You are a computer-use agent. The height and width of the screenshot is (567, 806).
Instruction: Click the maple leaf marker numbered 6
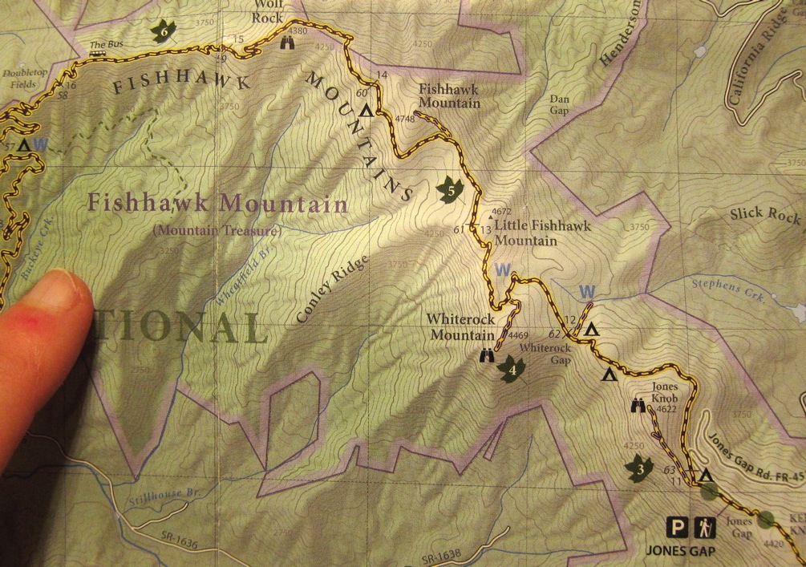click(x=164, y=30)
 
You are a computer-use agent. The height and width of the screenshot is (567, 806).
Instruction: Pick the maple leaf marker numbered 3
click(x=639, y=467)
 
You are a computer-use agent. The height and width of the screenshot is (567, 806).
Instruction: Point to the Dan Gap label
click(x=558, y=105)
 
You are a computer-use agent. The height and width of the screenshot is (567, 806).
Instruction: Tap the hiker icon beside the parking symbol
click(x=705, y=528)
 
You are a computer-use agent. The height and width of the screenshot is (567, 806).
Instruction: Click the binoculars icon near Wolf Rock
click(x=287, y=45)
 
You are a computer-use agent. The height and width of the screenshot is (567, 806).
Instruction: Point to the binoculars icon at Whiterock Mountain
click(x=487, y=356)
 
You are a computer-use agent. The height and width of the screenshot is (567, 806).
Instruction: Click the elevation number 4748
click(x=404, y=119)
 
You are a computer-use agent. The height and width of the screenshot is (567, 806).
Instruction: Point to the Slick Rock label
click(x=765, y=214)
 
